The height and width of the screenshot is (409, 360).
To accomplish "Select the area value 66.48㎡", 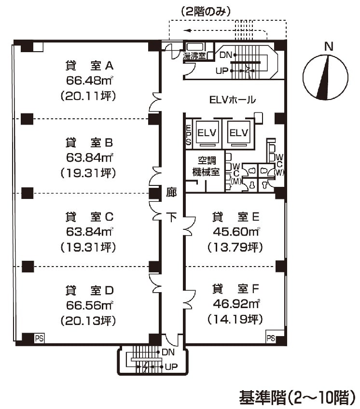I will coord(89,80).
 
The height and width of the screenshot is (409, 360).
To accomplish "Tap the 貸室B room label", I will coord(89,142).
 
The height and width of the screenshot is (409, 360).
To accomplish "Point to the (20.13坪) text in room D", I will coord(89,320).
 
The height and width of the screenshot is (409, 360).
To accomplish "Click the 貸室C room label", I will coord(89,216).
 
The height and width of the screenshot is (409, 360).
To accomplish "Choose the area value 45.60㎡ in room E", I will coord(235,231).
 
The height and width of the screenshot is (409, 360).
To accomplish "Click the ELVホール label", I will coord(233,100).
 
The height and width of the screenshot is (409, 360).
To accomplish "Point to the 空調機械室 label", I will coord(206,165).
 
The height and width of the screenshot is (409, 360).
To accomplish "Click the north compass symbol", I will coord(325,76).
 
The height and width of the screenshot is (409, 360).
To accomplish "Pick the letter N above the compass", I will coord(329,47).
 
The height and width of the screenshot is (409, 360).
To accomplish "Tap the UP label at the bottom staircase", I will coord(171,367).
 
